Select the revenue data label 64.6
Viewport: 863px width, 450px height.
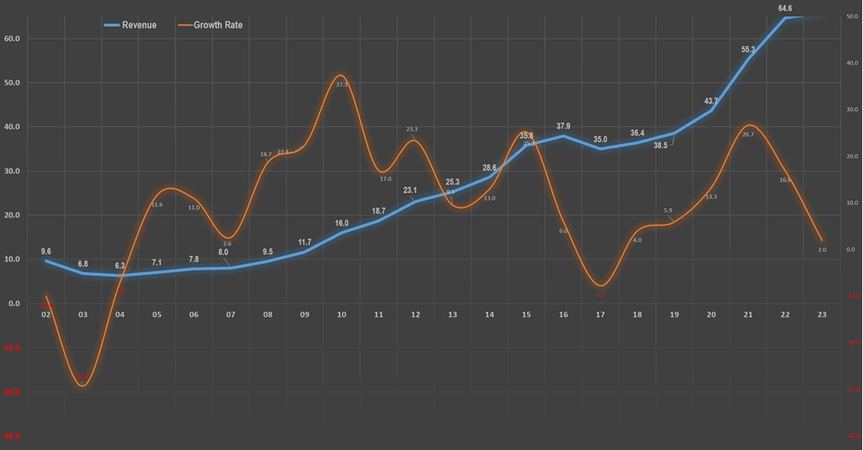click(x=785, y=8)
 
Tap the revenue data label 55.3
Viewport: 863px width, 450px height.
click(x=748, y=50)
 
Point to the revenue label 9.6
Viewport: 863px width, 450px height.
click(x=46, y=251)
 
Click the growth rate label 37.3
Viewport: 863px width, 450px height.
click(x=341, y=85)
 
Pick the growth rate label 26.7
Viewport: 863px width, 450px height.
click(x=747, y=135)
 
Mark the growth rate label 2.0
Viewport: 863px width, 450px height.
click(x=822, y=249)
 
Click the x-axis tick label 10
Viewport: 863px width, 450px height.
click(x=341, y=314)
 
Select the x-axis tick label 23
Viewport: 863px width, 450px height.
click(x=822, y=314)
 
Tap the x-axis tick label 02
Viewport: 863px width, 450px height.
click(x=46, y=314)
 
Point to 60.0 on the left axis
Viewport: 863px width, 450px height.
click(x=13, y=39)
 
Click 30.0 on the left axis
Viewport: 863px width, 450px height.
click(x=13, y=171)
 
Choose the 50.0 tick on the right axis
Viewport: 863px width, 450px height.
click(x=850, y=17)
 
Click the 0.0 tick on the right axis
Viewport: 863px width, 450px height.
click(x=850, y=249)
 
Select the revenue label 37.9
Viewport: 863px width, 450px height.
click(x=563, y=126)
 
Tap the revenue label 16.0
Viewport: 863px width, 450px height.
click(x=341, y=223)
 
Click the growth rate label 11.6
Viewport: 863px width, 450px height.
click(x=157, y=205)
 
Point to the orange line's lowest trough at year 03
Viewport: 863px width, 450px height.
click(x=83, y=386)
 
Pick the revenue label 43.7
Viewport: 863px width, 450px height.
click(x=711, y=101)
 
